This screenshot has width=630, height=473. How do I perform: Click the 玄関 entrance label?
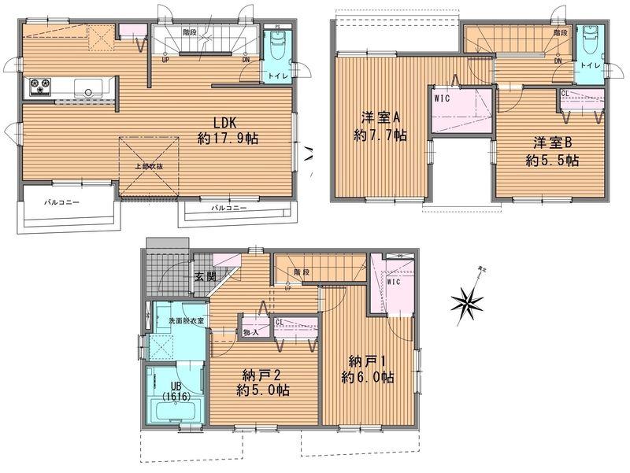click(206, 276)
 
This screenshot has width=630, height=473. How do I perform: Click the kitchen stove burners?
click(40, 87)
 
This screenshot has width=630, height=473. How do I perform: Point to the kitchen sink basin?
click(87, 87)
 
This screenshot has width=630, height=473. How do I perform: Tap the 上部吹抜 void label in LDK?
click(148, 167)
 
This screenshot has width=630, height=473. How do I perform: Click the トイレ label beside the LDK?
click(276, 76)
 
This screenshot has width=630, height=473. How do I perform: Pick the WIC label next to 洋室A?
click(443, 100)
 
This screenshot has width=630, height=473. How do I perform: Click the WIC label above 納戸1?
click(394, 280)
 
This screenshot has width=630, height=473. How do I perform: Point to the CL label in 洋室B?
click(565, 94)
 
